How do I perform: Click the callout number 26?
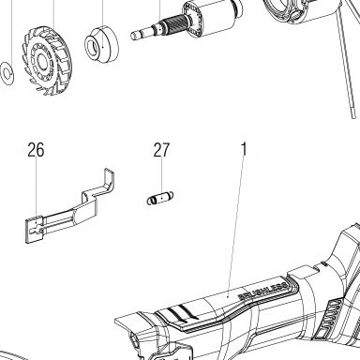tap(36, 150)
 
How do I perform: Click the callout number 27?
tap(161, 150)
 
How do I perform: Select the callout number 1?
tap(244, 149)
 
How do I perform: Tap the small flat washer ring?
tap(7, 73)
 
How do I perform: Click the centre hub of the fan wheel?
tap(41, 61)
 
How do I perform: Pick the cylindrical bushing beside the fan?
tap(101, 44)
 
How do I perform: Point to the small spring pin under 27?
tap(160, 198)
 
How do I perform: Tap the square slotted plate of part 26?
tap(34, 230)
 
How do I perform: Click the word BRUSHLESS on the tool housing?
tap(262, 291)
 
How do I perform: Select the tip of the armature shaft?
tap(133, 35)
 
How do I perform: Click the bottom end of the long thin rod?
tap(353, 116)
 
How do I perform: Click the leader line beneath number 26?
tap(36, 189)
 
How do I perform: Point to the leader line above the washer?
tap(12, 32)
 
